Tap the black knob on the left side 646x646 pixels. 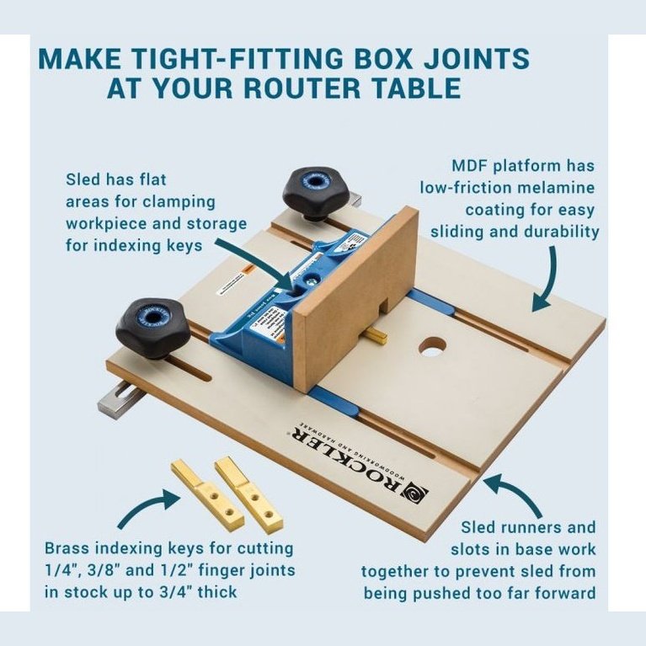[x=152, y=325]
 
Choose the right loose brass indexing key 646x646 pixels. [x=249, y=494]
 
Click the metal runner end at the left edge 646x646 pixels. [x=119, y=402]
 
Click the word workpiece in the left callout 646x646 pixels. [x=104, y=223]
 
